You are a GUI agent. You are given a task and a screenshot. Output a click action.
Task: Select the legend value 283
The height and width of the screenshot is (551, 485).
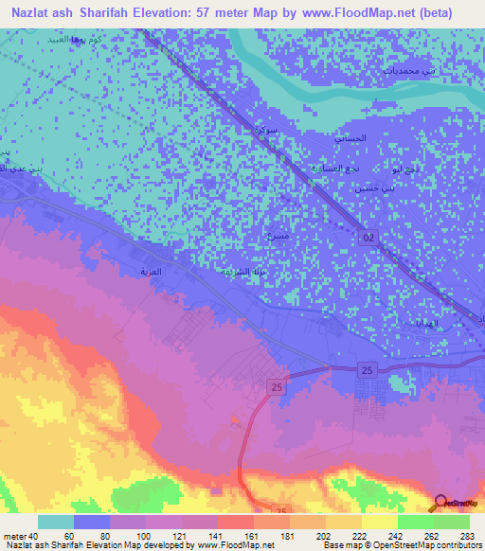point(467,536)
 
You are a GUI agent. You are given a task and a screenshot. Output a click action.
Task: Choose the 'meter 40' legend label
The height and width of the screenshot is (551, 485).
point(21,536)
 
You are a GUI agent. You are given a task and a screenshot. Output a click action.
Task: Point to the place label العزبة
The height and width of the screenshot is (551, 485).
point(153,272)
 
